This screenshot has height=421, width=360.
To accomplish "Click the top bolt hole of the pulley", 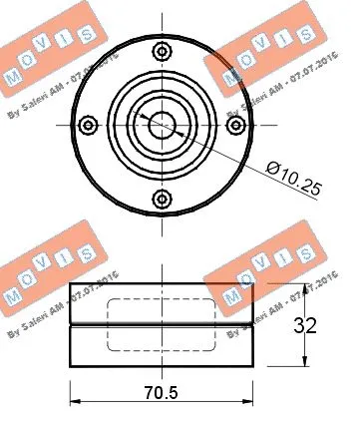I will (x=161, y=52).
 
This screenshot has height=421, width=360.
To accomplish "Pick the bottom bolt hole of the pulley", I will (x=161, y=197).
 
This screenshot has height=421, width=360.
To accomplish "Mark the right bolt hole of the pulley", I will (x=233, y=125).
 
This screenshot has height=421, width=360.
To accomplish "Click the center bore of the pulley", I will (x=161, y=124).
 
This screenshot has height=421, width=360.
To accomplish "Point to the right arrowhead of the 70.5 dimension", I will (x=247, y=404).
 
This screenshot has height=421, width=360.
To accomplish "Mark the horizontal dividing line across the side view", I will (x=161, y=325).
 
